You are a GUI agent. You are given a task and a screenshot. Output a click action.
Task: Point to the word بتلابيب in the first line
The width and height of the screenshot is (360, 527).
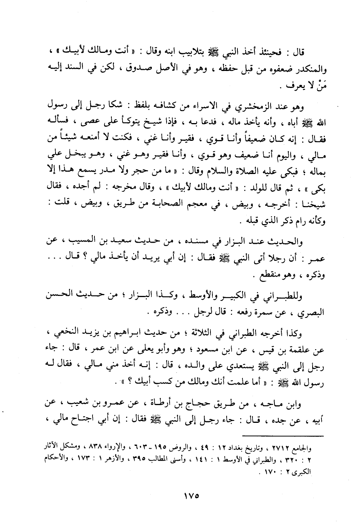tap(181, 52)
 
